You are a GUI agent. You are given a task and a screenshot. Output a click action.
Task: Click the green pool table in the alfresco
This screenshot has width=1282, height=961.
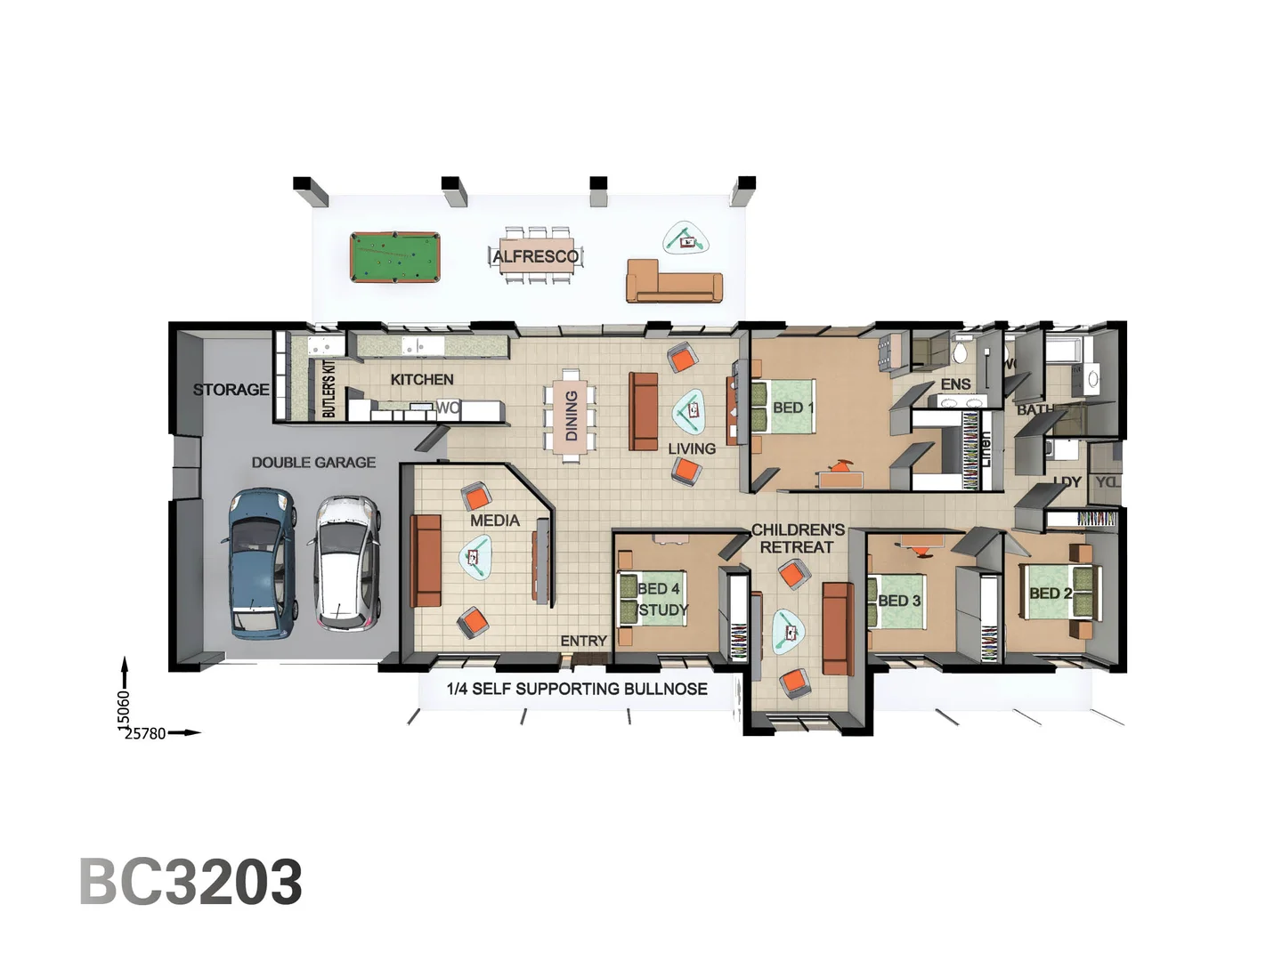click(x=394, y=257)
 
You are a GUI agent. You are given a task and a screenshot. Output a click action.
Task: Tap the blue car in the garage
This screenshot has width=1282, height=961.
click(x=261, y=563)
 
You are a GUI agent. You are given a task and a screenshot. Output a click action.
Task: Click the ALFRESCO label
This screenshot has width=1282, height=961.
click(x=536, y=256)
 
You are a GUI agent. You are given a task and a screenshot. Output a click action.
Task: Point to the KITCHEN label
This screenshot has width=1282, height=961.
click(x=422, y=379)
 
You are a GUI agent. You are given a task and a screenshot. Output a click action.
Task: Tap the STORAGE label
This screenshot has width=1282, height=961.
click(x=231, y=389)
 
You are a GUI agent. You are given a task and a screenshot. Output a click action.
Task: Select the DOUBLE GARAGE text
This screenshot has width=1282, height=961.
click(x=313, y=463)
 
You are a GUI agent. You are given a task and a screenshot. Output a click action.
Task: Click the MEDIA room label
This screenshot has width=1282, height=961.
click(x=495, y=521)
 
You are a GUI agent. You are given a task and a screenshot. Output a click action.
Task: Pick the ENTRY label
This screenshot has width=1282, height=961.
click(x=583, y=641)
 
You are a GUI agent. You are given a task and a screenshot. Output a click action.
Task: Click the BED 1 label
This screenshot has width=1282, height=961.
click(x=792, y=408)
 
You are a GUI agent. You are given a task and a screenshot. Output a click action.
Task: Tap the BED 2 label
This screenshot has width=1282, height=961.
click(x=1051, y=594)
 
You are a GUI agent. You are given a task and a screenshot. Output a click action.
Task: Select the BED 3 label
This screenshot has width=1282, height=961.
click(x=899, y=601)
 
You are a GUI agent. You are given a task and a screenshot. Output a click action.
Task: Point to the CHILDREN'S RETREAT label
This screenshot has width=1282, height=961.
click(x=798, y=538)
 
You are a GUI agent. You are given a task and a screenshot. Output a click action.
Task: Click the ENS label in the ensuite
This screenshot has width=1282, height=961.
click(x=955, y=384)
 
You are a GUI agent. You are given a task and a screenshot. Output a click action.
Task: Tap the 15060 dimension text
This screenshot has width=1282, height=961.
click(x=124, y=709)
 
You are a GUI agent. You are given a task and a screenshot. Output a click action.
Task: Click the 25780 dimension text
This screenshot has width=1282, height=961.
click(x=145, y=734)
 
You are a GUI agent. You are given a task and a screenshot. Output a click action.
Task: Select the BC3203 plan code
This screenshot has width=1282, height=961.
click(x=191, y=882)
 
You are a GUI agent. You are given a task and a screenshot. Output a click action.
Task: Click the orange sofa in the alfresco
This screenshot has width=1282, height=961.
click(x=675, y=281)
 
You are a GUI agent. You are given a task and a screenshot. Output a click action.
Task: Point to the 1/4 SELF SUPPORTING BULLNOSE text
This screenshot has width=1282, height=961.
click(x=577, y=689)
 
